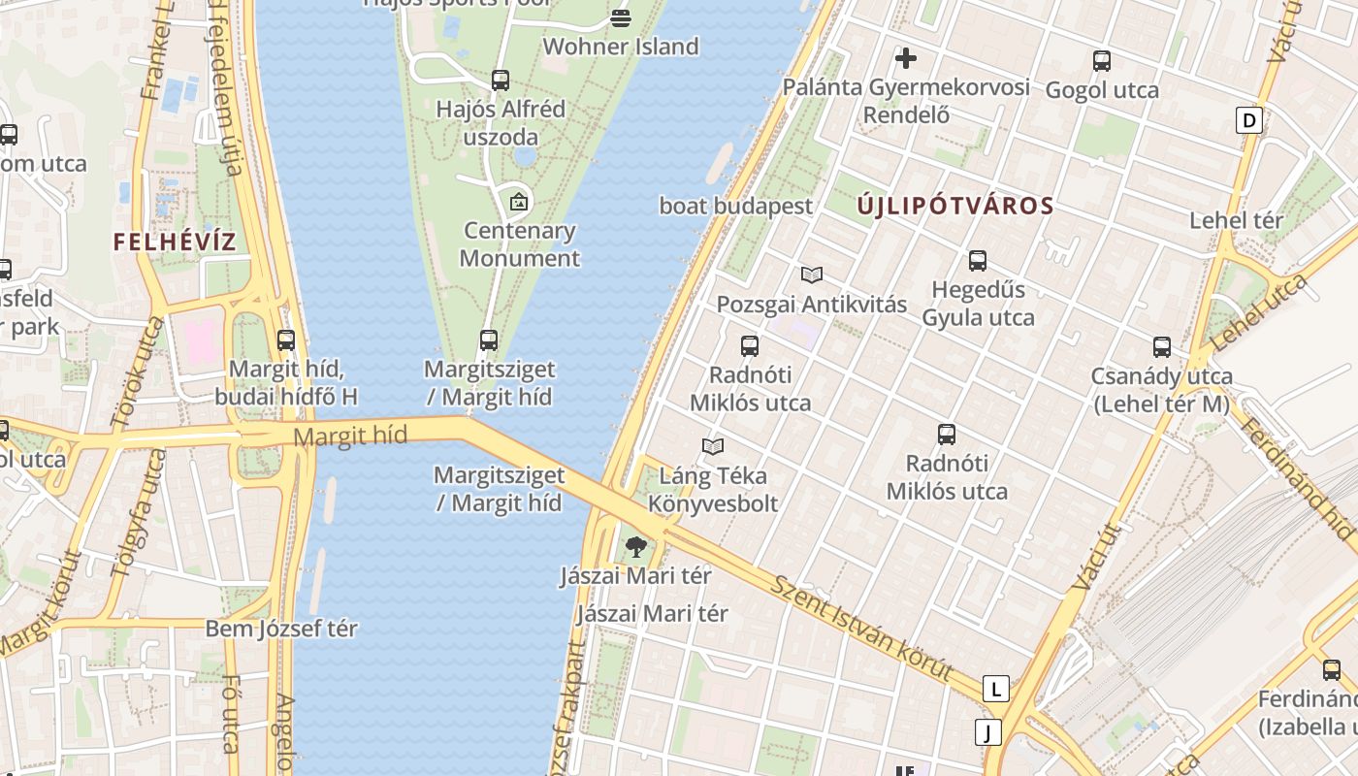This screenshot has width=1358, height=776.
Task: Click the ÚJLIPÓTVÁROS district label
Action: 955,206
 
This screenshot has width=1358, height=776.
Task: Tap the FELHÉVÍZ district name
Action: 175,242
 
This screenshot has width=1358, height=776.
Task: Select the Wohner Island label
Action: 621,47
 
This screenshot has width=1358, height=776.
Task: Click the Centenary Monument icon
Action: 519,202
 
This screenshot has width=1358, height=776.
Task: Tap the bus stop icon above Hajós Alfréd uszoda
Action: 501,81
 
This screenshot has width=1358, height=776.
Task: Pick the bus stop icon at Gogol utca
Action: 1102,61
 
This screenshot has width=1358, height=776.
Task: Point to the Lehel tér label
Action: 1236,220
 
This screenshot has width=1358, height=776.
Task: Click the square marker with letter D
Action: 1249,121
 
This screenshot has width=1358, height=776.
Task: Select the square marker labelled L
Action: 995,689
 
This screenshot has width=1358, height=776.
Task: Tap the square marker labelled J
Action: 987,731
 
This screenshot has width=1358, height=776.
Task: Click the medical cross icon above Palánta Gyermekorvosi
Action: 906,58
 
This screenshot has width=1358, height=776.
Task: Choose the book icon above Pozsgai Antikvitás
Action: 812,275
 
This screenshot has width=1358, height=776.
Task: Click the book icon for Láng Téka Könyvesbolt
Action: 713,446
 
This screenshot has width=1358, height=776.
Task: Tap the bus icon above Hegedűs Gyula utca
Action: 978,261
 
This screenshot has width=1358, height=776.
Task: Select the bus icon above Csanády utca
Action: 1162,347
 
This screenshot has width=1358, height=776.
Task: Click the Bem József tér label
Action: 281,629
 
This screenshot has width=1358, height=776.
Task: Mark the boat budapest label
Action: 735,206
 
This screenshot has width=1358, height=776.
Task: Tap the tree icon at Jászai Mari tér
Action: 636,547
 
